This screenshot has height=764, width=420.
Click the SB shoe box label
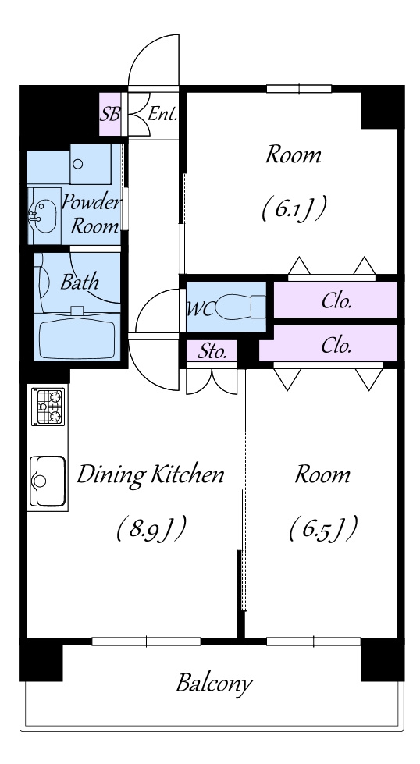click(109, 115)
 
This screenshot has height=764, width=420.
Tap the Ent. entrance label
click(162, 115)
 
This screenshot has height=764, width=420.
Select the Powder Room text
click(91, 214)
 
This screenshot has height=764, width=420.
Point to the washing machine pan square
click(91, 164)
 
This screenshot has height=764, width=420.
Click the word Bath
click(80, 282)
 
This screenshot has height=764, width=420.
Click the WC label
click(199, 309)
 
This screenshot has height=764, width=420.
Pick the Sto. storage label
click(212, 351)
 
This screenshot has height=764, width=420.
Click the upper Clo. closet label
click(336, 301)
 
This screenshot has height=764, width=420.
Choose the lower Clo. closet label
click(336, 346)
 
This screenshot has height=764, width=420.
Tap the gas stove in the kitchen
click(48, 407)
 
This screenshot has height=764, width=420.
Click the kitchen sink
click(48, 481)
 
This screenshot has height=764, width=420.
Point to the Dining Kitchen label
click(151, 474)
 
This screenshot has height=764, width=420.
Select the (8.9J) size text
click(151, 529)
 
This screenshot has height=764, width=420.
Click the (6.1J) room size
click(294, 208)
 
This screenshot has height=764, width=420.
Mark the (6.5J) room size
click(323, 529)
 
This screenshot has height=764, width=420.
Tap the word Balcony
click(215, 684)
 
